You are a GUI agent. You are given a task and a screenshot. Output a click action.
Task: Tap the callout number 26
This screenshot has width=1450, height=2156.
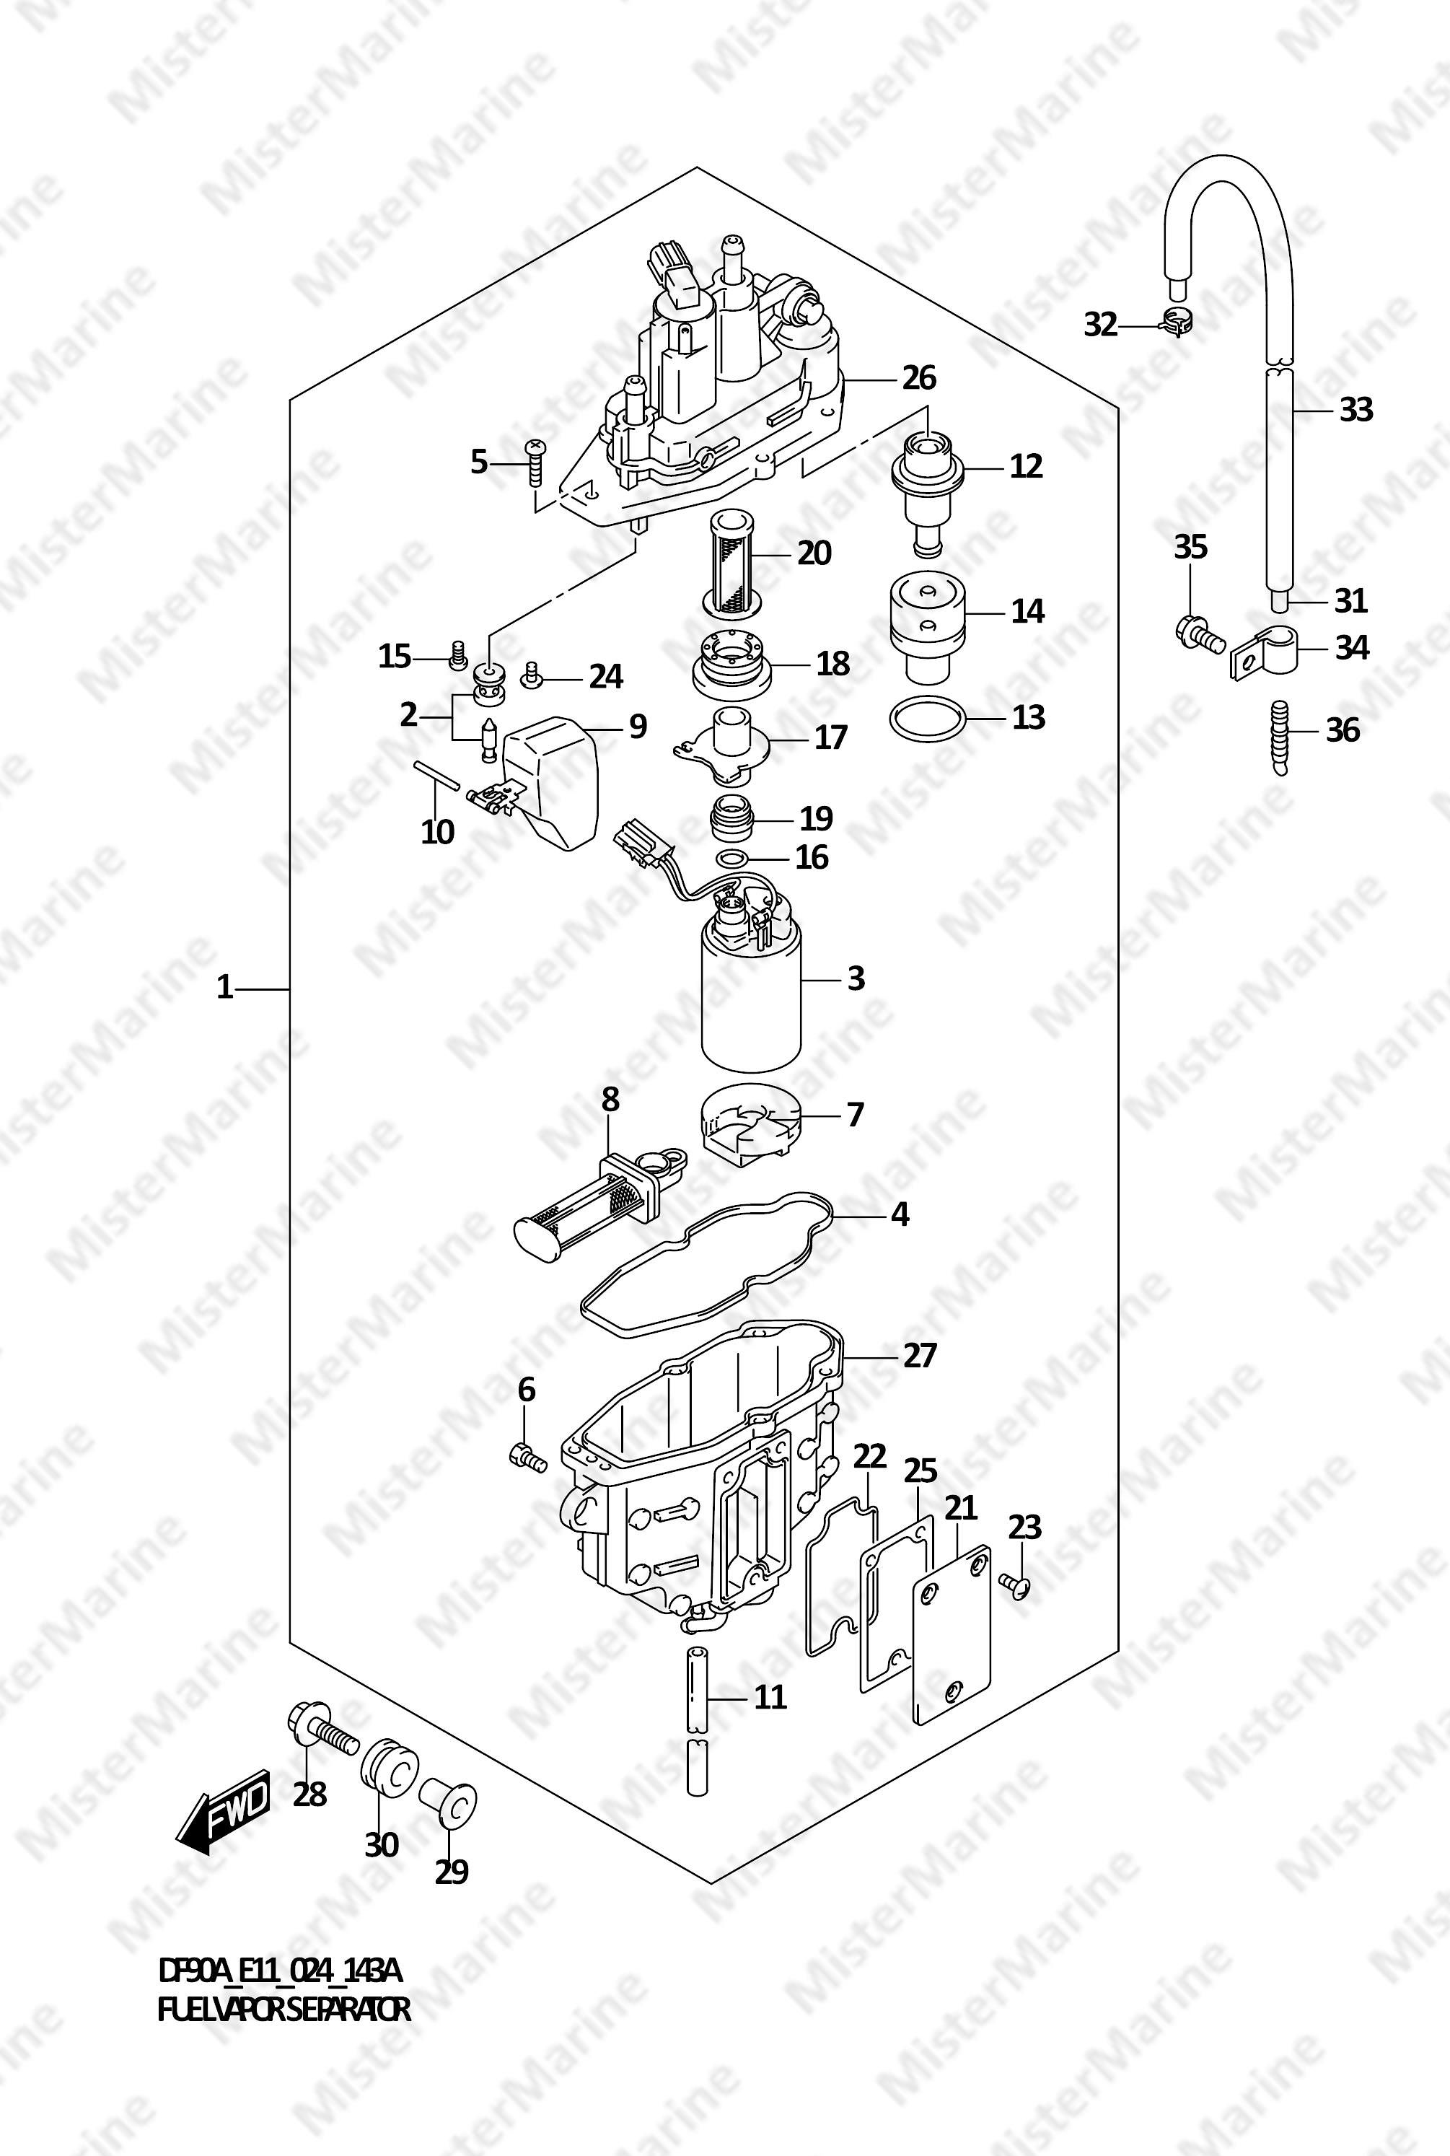[918, 378]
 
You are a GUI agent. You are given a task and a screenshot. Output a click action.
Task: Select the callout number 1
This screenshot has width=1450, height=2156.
[224, 988]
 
